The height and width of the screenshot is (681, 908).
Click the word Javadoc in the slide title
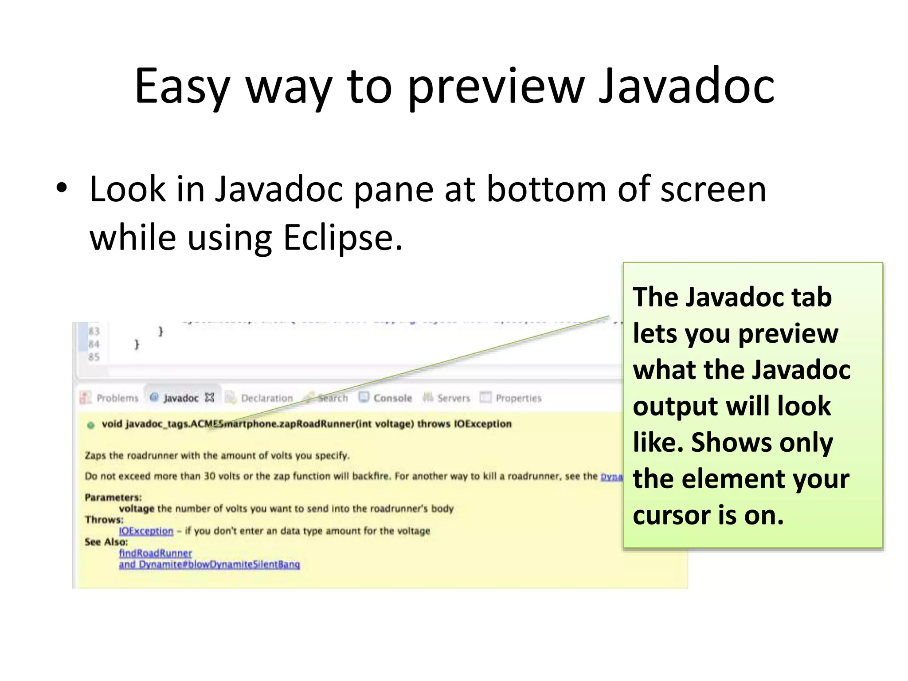686,86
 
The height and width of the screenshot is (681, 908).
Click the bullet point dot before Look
62,188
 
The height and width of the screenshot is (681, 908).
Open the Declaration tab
266,398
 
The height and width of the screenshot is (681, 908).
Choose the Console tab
392,398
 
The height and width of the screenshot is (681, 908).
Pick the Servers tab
453,398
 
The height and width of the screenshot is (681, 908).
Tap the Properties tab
518,398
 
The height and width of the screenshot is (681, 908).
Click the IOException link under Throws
146,531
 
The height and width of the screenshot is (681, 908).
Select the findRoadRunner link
155,553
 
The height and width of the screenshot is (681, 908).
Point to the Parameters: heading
113,497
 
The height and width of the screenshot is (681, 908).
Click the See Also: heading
106,542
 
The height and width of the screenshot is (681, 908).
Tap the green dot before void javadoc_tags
91,425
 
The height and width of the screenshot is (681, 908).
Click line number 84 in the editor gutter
94,344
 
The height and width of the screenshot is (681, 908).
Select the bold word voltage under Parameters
137,509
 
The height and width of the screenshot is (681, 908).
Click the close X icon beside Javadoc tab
210,398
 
